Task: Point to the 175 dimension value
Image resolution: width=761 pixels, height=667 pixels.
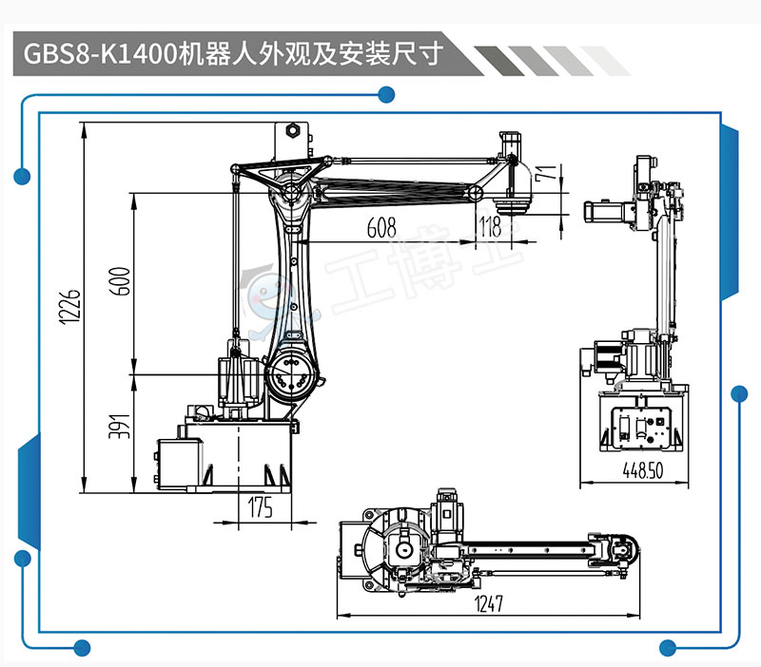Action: tap(260, 508)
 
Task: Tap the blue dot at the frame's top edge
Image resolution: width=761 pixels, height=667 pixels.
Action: tap(386, 94)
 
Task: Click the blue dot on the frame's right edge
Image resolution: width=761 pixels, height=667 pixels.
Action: tap(738, 392)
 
